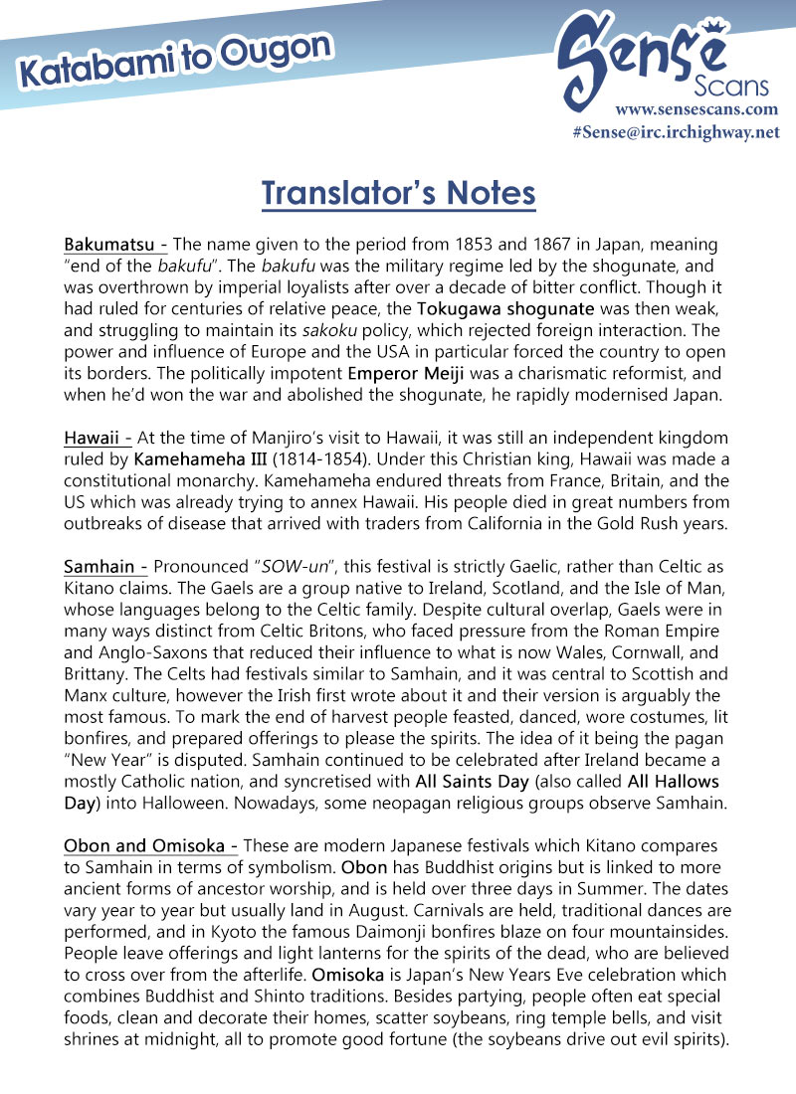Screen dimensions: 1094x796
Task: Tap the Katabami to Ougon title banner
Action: (x=174, y=62)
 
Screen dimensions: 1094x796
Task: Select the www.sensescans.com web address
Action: (x=696, y=109)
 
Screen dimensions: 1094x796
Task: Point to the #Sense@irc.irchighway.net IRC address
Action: (x=676, y=132)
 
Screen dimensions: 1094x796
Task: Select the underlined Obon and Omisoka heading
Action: (x=150, y=845)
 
